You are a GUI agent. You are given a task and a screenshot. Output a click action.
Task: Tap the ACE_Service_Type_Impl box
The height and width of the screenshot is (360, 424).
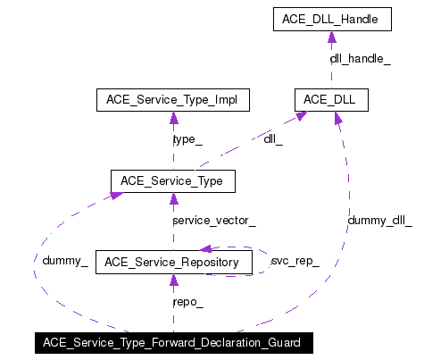[172, 100]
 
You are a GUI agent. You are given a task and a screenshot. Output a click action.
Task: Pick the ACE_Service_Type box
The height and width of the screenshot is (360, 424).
[172, 181]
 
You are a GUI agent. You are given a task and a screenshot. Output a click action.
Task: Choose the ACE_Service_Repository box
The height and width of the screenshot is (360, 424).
[172, 262]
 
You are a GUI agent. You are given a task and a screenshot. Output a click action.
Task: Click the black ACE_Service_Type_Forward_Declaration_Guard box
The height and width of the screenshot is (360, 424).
[172, 342]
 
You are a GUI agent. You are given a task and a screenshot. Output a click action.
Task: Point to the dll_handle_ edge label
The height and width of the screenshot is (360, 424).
[360, 58]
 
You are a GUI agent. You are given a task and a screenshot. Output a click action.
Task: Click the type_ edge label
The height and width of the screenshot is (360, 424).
[187, 139]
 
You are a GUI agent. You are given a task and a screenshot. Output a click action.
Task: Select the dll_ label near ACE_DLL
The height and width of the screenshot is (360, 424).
[273, 139]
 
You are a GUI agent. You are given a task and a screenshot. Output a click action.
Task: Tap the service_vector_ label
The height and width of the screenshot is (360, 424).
[213, 220]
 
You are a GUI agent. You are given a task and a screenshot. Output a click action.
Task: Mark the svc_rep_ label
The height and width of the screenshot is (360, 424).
[295, 261]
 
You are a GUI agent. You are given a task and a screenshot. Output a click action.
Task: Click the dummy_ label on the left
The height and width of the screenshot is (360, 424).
[64, 261]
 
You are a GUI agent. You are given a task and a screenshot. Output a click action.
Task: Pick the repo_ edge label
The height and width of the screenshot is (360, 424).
[187, 301]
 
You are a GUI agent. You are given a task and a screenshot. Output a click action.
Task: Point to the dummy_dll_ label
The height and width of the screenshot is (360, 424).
[379, 220]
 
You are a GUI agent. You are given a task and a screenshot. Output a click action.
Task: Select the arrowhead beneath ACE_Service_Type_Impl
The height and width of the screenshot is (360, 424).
[172, 117]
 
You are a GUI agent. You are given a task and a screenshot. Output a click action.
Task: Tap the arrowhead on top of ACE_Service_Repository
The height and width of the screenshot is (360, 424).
[172, 245]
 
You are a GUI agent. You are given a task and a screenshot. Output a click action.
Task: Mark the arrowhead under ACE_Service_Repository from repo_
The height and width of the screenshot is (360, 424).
[172, 280]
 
